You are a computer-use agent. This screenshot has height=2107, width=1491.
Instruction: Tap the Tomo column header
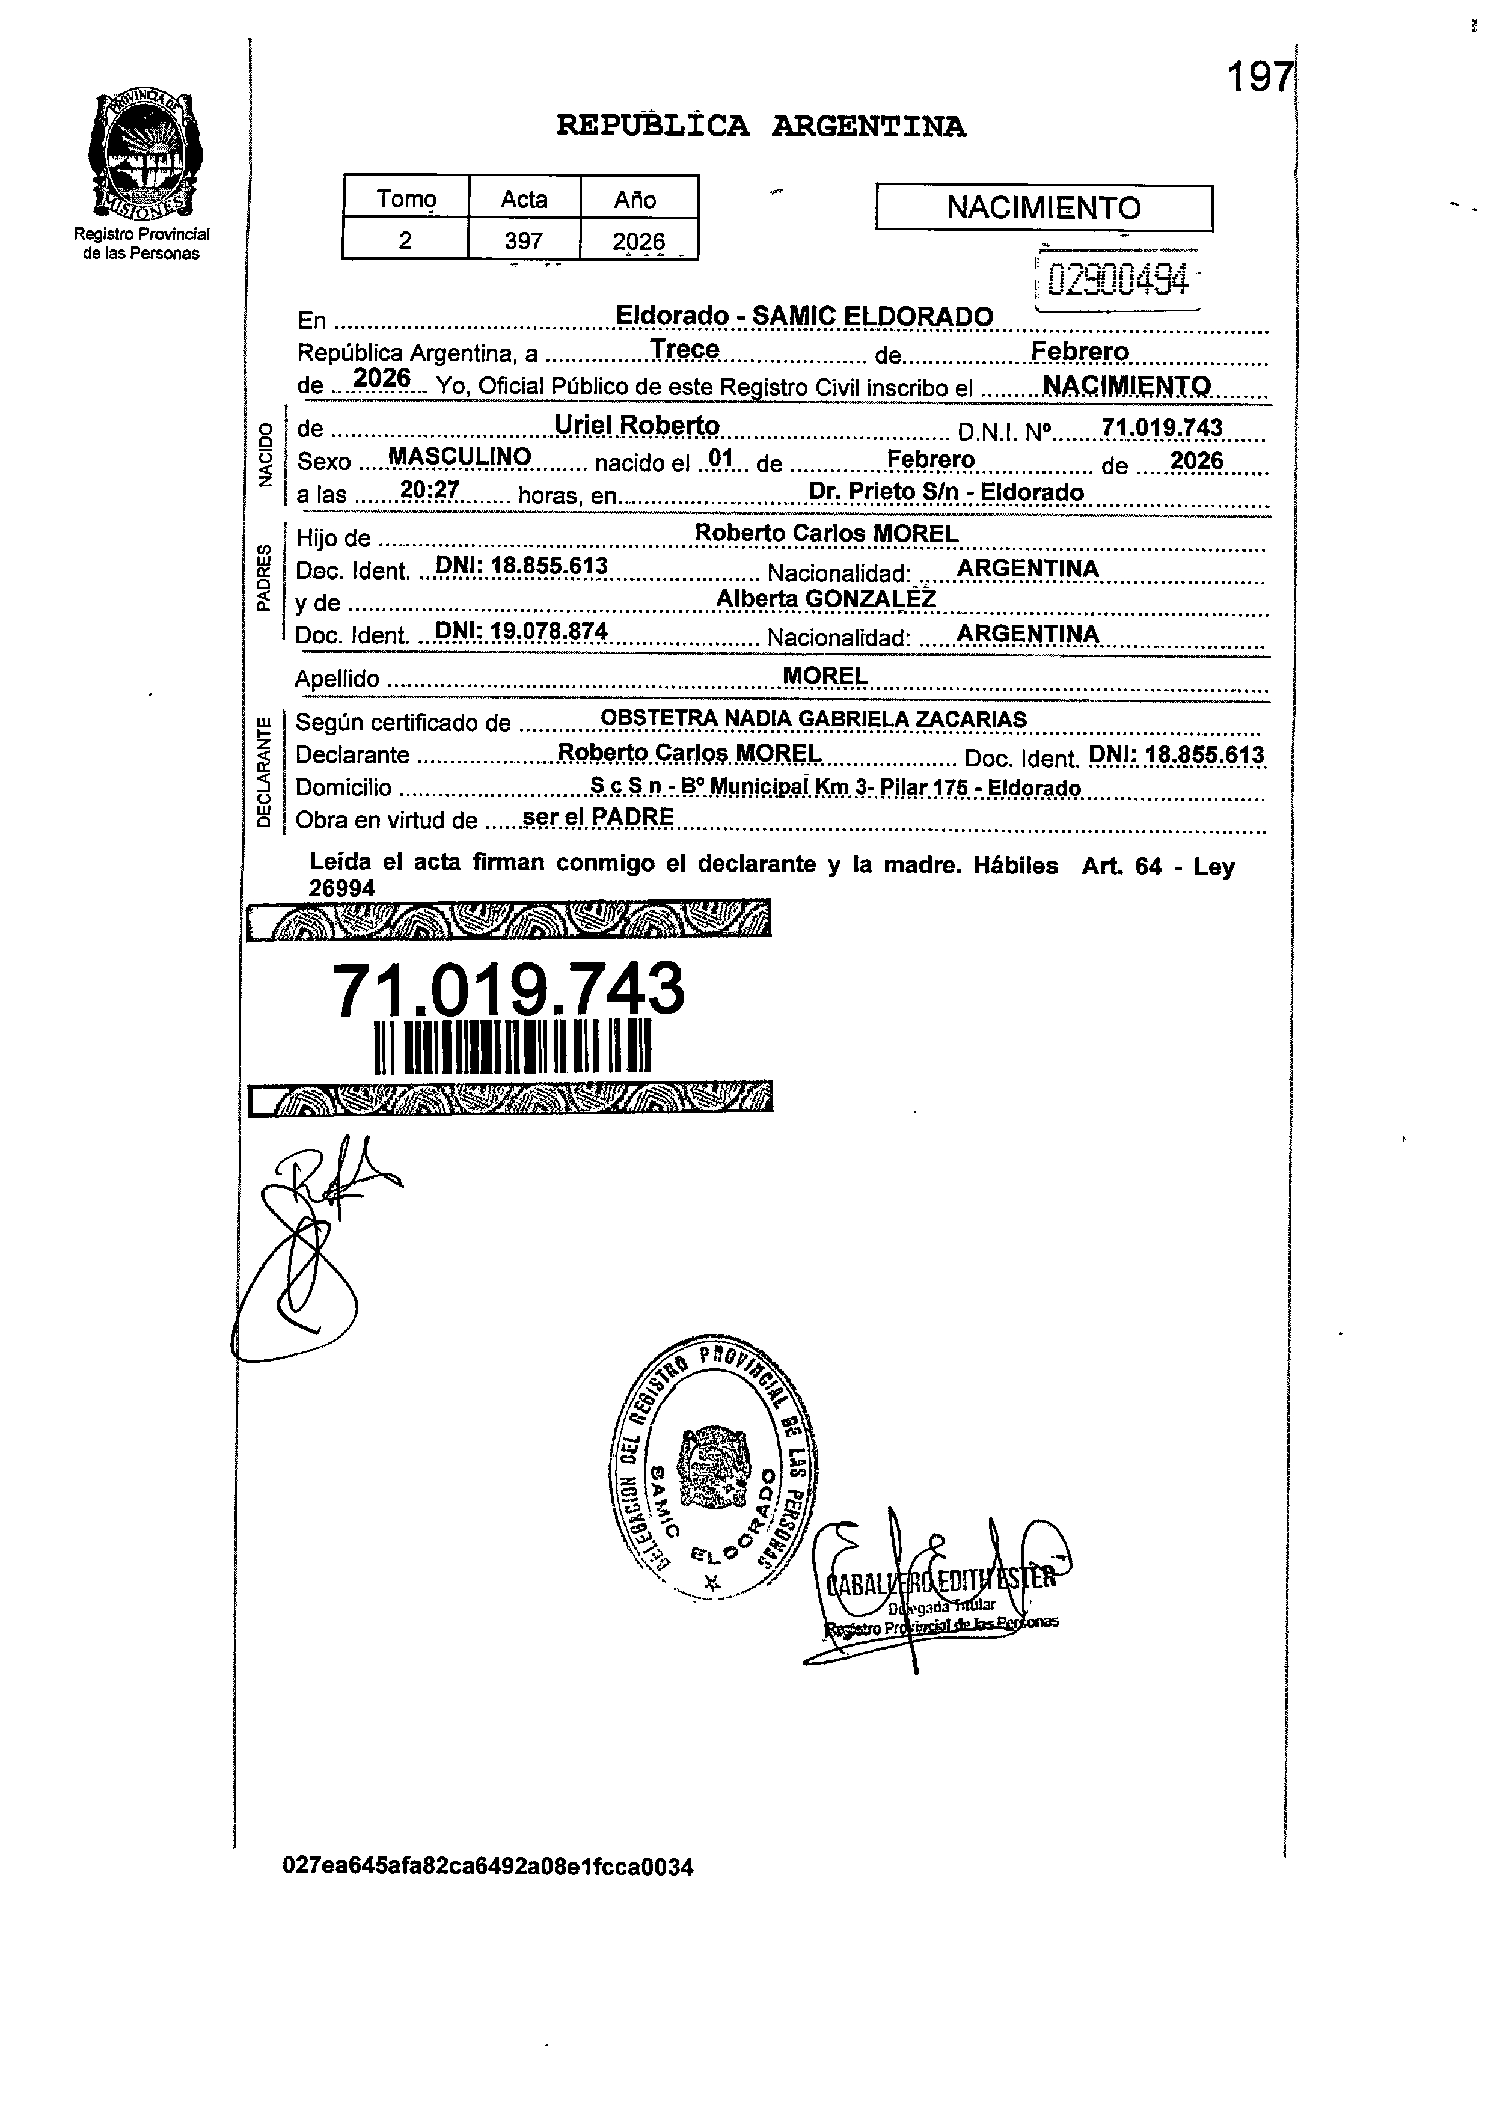(x=406, y=198)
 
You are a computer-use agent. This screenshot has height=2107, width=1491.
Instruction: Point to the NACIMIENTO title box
(x=1044, y=207)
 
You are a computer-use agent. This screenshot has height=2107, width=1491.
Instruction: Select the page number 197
(x=1260, y=77)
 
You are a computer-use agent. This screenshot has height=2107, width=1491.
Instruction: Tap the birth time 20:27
(x=430, y=491)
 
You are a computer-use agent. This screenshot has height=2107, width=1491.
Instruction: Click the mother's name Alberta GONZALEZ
(x=825, y=599)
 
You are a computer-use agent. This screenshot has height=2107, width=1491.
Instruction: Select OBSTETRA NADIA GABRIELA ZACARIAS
(x=812, y=719)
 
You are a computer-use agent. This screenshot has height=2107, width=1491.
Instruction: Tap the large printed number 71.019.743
(x=507, y=991)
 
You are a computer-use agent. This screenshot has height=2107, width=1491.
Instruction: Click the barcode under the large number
(x=513, y=1046)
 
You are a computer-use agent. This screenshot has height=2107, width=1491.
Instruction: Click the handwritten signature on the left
(x=303, y=1249)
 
